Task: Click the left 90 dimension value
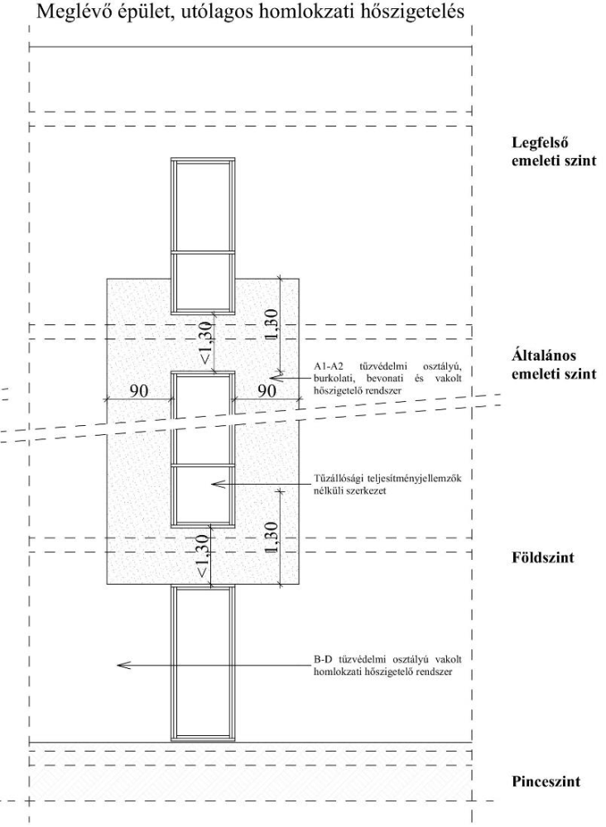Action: [x=139, y=390]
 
